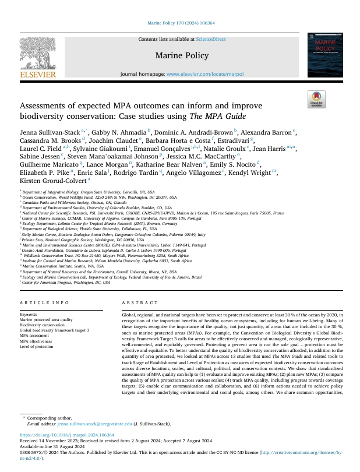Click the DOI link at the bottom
67,451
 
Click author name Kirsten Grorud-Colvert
52,182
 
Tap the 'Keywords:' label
29,315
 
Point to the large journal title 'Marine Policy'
179,57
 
